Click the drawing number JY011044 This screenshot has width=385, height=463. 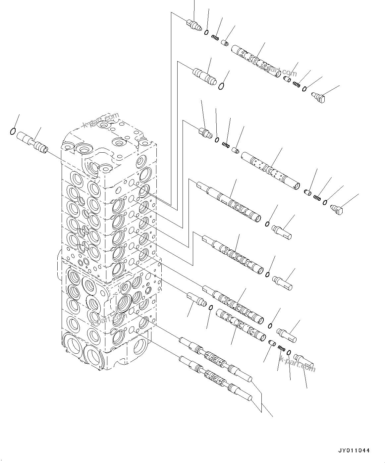354,450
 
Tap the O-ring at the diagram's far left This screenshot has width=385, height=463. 13,131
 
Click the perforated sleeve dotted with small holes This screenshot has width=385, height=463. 270,170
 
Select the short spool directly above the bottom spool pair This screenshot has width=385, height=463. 240,326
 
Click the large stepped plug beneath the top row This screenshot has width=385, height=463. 204,76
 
